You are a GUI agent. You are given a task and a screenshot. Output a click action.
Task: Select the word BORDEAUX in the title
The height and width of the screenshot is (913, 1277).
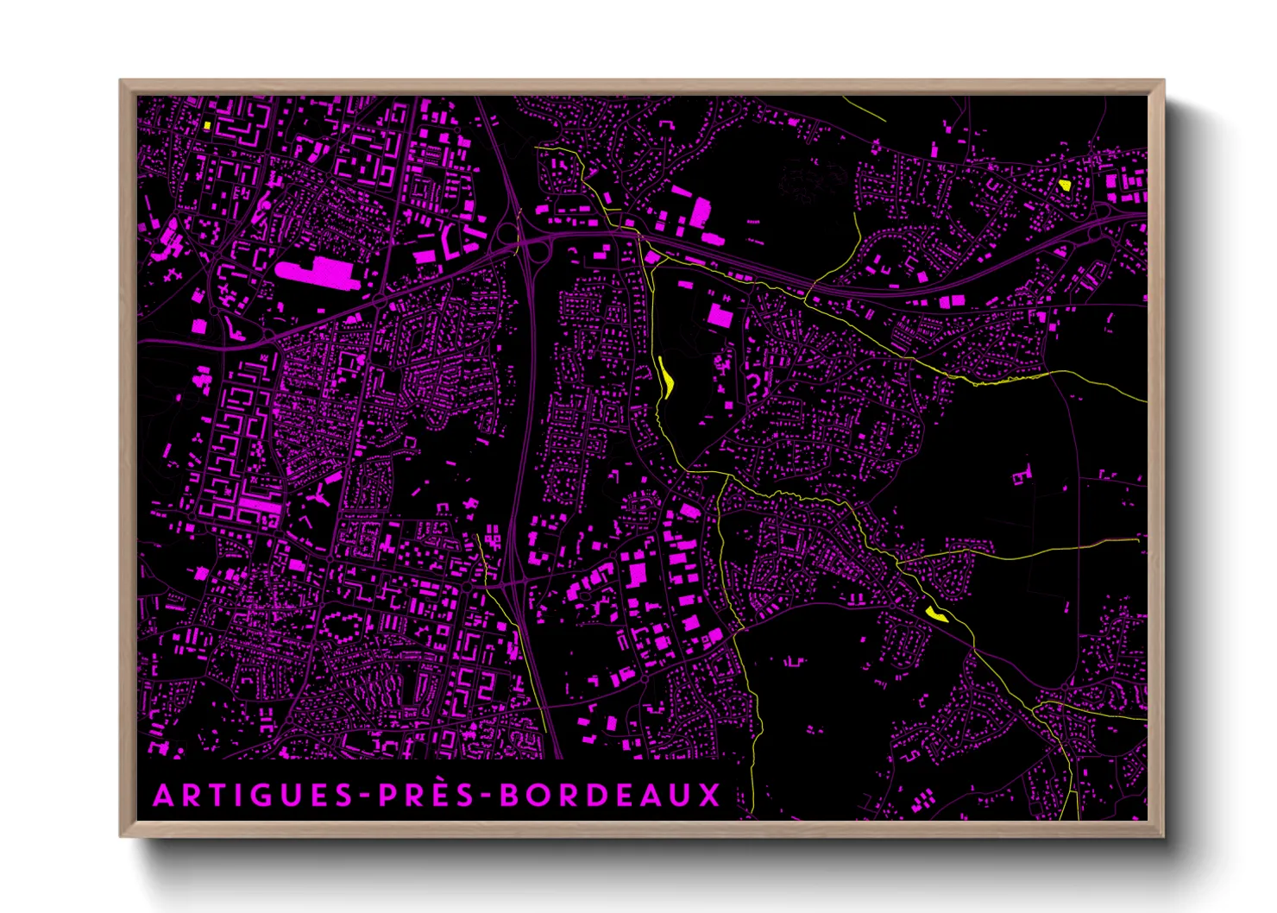coord(610,795)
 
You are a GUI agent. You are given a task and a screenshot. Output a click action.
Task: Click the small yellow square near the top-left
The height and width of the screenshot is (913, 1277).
coord(207,124)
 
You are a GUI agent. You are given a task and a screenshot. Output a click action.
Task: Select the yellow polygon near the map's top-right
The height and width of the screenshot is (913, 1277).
coord(1065,184)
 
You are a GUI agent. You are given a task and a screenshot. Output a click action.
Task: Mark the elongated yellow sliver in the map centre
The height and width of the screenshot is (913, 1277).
coord(666,377)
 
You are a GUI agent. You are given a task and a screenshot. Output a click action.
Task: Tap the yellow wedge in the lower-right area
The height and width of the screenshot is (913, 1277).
coord(935,614)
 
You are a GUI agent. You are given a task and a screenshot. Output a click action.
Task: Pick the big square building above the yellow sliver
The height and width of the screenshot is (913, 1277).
coord(719,316)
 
